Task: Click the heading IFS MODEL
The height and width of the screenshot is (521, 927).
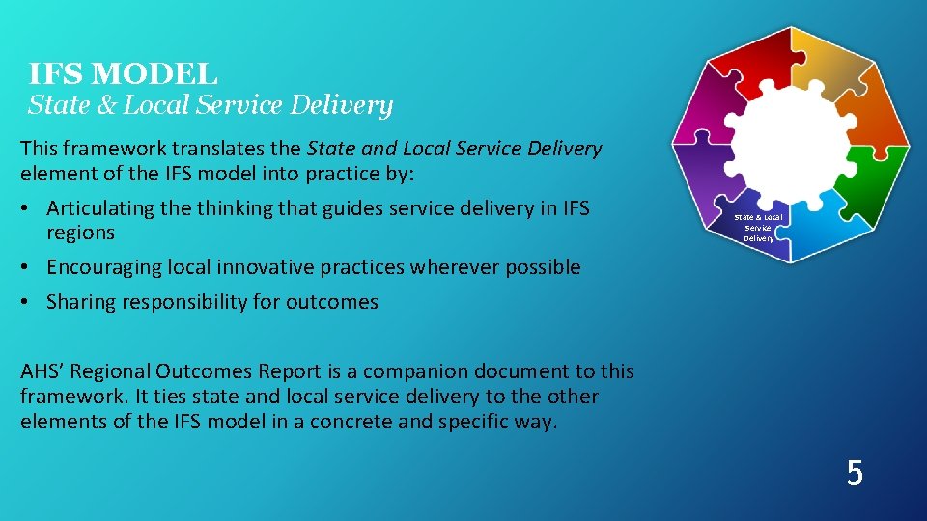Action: coord(123,73)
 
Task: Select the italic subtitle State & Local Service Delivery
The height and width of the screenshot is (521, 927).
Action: coord(210,105)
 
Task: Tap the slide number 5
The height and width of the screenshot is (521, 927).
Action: coord(854,474)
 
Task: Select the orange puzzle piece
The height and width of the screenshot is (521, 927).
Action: coord(878,125)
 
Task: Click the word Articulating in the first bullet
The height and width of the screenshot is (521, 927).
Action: coord(99,208)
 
